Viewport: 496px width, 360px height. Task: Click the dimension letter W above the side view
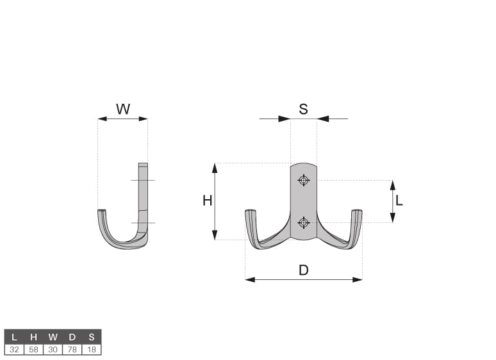pyautogui.click(x=123, y=109)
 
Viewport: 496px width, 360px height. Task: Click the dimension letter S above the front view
pyautogui.click(x=303, y=109)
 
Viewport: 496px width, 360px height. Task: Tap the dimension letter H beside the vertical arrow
pyautogui.click(x=207, y=200)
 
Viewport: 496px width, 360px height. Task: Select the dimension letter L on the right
pyautogui.click(x=399, y=200)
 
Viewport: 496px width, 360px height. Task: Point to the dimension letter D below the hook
pyautogui.click(x=303, y=270)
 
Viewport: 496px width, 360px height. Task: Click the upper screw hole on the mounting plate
pyautogui.click(x=304, y=180)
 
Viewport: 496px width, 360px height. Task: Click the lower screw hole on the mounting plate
pyautogui.click(x=304, y=223)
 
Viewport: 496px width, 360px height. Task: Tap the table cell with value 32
pyautogui.click(x=14, y=350)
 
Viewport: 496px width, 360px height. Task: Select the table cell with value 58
pyautogui.click(x=33, y=350)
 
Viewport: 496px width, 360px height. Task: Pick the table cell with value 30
pyautogui.click(x=53, y=350)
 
